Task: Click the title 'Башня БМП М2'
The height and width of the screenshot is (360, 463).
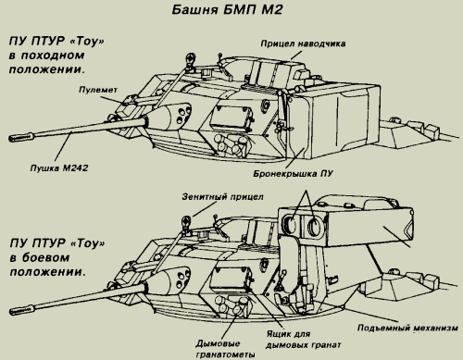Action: tap(227, 9)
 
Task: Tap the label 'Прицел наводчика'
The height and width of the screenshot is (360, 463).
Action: tap(303, 43)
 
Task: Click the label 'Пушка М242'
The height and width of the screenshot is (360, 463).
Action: tap(59, 168)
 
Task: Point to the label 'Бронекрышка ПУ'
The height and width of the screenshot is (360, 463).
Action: tap(293, 174)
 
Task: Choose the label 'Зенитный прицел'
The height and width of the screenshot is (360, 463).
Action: tap(222, 197)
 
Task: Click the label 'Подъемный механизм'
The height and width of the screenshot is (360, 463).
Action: tap(407, 328)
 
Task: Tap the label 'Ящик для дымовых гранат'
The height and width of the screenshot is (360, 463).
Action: tap(303, 340)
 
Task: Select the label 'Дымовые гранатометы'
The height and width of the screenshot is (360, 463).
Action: tap(225, 349)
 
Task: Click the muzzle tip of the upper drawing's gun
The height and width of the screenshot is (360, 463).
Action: tap(10, 139)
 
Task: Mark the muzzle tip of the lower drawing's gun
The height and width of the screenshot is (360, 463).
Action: tap(11, 311)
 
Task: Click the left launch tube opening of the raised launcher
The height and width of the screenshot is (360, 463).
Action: tap(290, 224)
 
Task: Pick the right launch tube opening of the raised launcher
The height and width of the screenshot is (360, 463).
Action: tap(314, 227)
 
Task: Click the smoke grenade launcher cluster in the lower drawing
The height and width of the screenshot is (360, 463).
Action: tap(231, 305)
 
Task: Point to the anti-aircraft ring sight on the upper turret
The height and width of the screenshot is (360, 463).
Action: tap(190, 59)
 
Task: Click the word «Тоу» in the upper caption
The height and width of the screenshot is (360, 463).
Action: tap(87, 41)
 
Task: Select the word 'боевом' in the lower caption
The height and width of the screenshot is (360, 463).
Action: tap(45, 258)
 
